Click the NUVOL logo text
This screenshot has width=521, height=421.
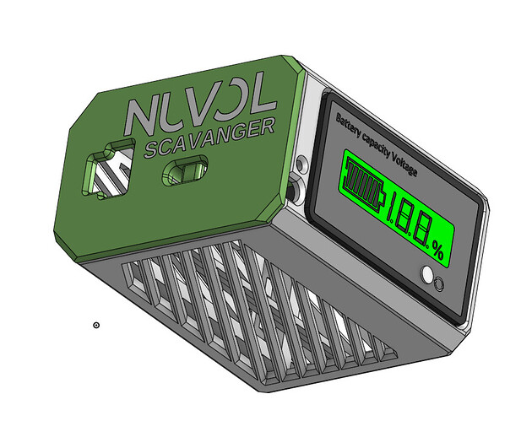point(200,105)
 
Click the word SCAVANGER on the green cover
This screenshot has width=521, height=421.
point(210,138)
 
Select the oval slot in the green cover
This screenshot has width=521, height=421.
point(185,170)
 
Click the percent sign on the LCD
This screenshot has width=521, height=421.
point(438,251)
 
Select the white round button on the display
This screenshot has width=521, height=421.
point(426,274)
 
